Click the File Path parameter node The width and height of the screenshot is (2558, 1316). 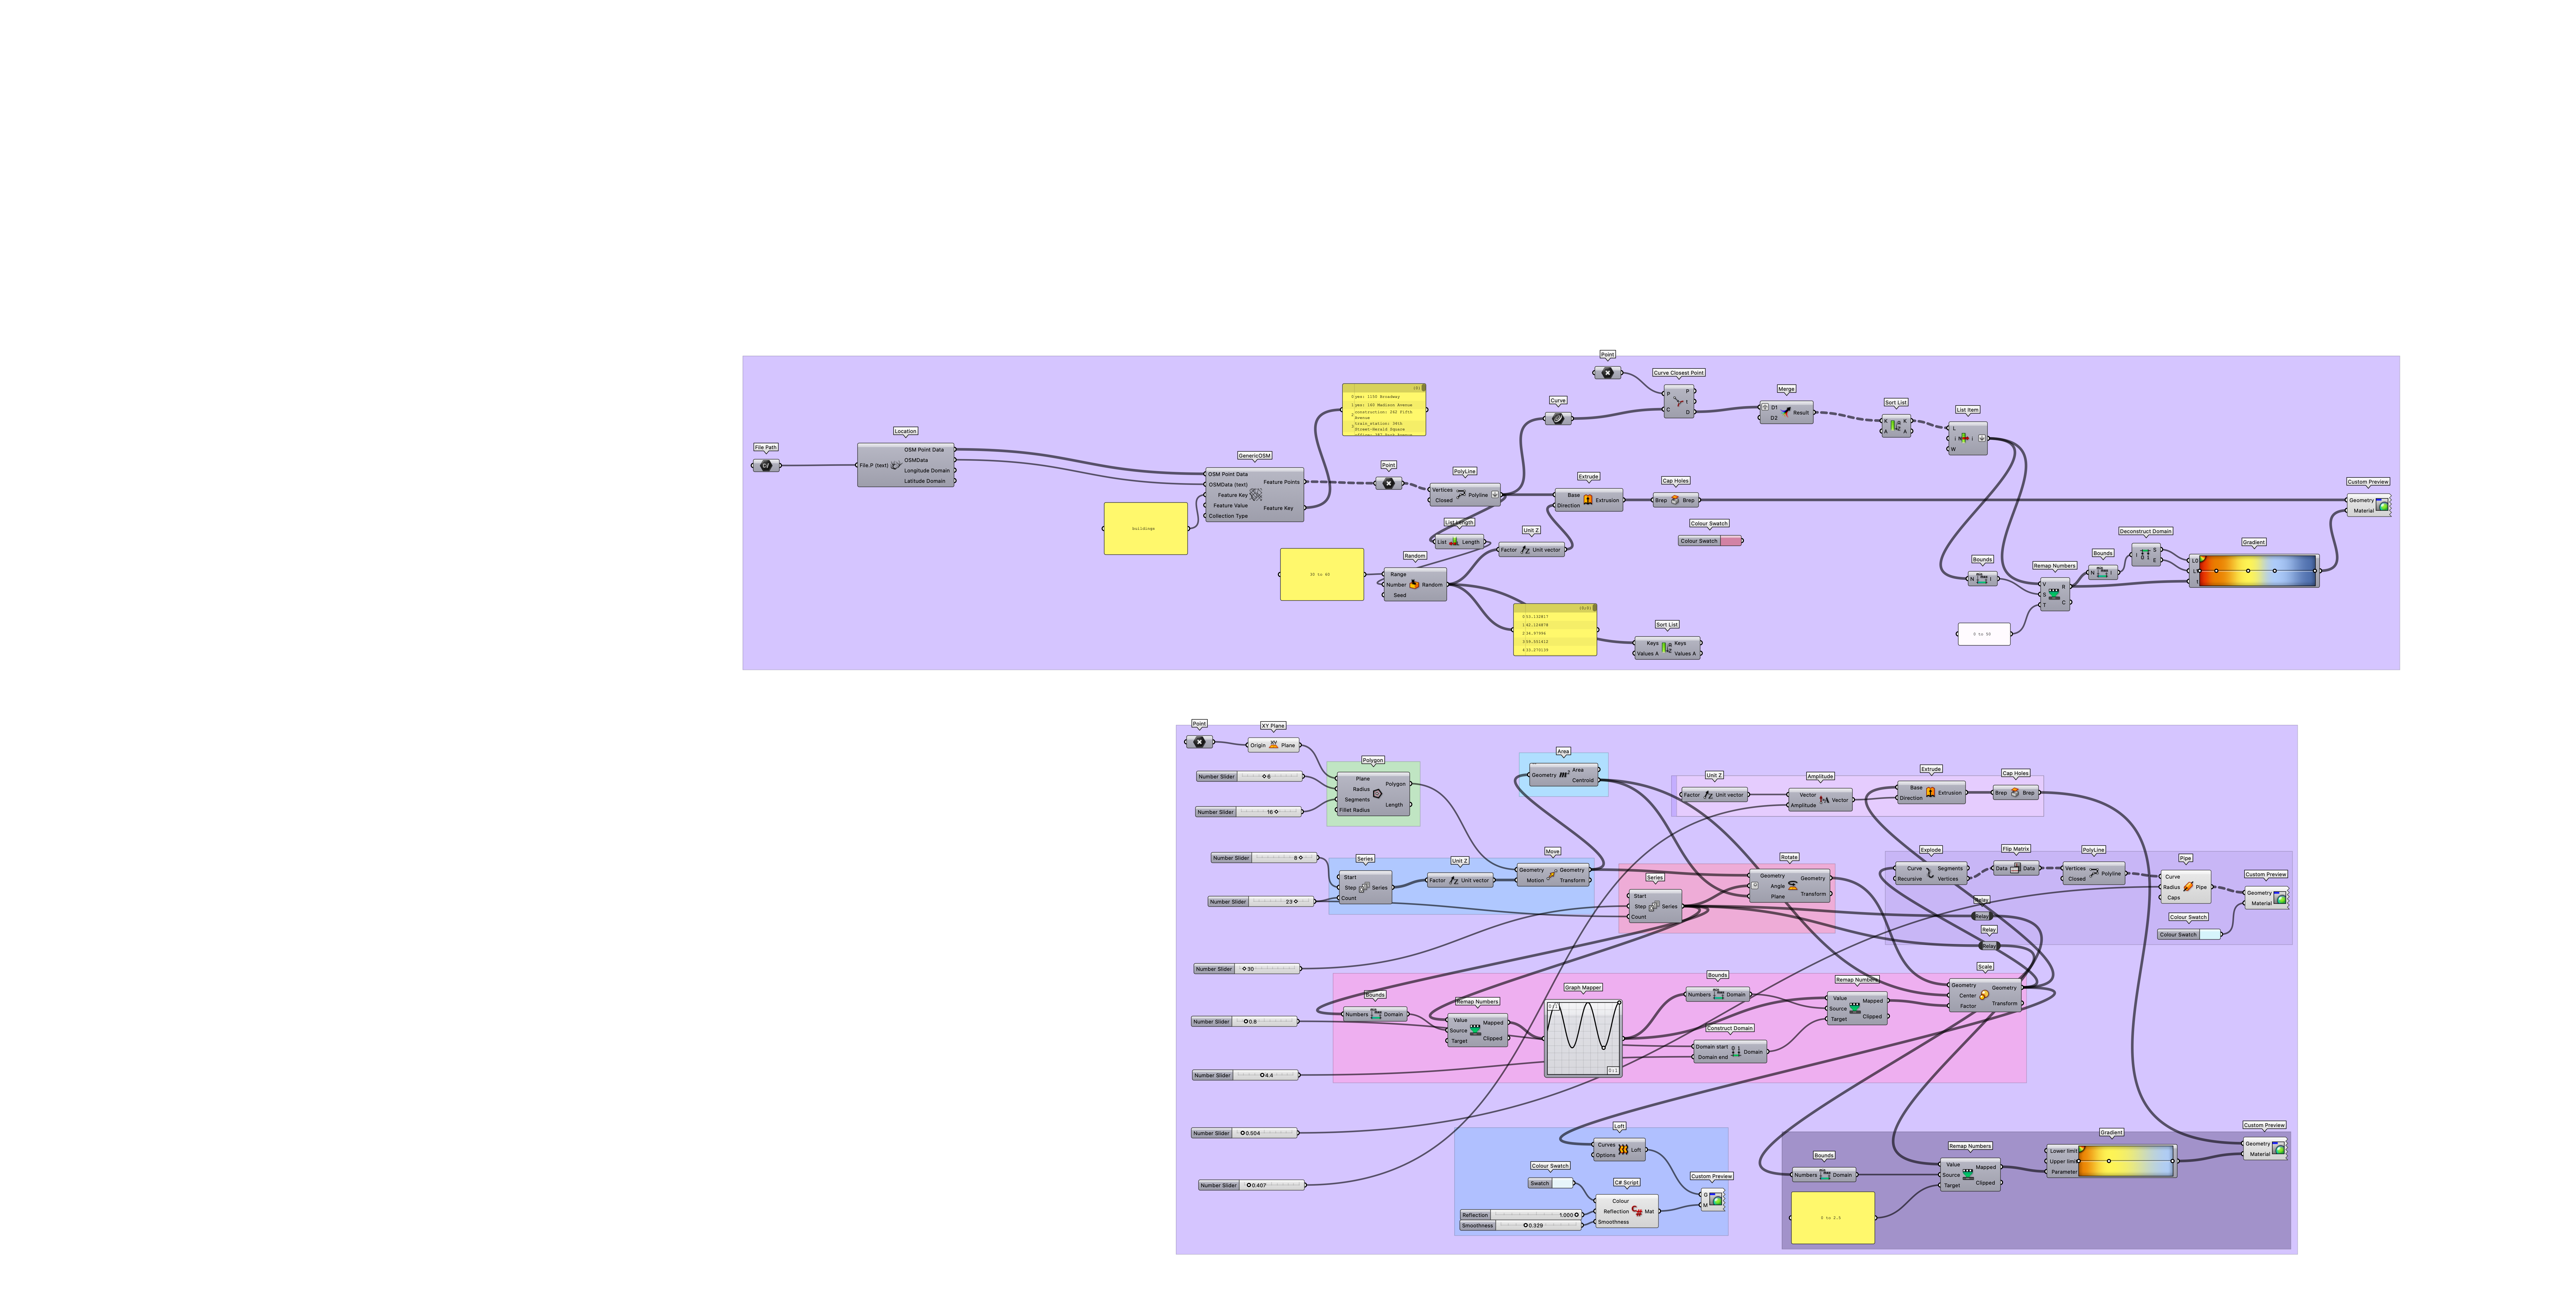click(766, 465)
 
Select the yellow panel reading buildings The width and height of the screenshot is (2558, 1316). click(1145, 528)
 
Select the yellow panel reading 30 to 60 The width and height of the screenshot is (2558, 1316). click(1321, 574)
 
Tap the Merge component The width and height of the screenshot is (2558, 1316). click(1786, 412)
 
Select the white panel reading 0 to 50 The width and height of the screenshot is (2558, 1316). click(1983, 634)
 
